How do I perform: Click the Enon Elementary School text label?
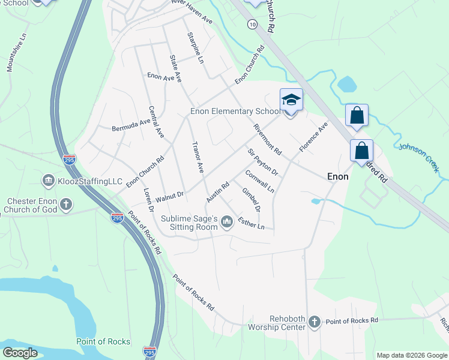[235, 111]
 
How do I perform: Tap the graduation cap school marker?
[291, 100]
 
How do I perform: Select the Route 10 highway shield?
[252, 23]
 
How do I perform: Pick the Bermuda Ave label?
[131, 124]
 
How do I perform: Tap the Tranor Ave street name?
[196, 157]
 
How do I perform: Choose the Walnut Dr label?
[169, 196]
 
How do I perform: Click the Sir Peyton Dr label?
[264, 161]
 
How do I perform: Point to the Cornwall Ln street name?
[260, 181]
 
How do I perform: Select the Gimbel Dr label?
[251, 200]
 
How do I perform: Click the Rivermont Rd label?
[267, 139]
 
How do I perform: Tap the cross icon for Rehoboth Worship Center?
[314, 323]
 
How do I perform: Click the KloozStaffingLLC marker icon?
[48, 180]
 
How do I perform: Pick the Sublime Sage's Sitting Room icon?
[227, 223]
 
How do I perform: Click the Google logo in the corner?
[19, 353]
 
